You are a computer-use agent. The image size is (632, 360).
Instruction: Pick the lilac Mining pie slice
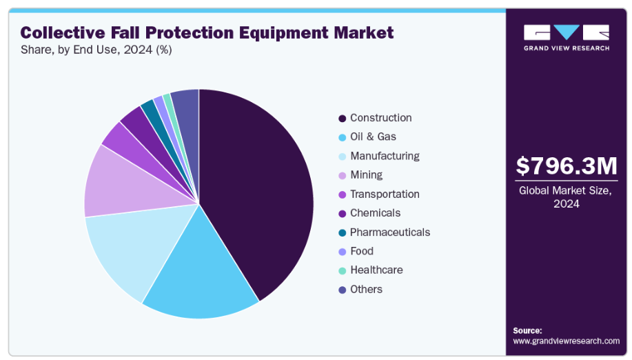(114, 183)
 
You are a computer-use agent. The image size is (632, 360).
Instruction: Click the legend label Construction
(380, 118)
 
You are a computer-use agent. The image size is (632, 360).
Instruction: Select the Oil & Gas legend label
(373, 137)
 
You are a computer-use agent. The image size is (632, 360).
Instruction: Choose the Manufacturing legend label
(385, 156)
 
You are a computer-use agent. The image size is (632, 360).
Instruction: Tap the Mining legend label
(366, 175)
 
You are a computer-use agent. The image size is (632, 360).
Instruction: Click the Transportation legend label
(385, 194)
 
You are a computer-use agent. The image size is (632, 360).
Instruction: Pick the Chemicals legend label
(375, 213)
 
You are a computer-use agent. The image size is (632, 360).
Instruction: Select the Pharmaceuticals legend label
(390, 232)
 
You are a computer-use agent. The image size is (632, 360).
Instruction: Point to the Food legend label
(362, 251)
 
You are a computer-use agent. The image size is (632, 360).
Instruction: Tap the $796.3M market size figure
(567, 166)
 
